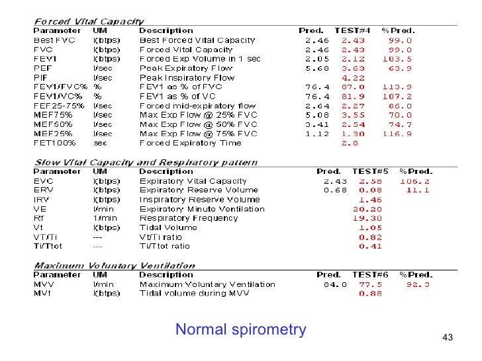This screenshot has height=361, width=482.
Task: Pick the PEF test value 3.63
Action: [353, 68]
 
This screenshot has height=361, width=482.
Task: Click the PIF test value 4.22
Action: [353, 77]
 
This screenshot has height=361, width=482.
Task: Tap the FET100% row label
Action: [54, 143]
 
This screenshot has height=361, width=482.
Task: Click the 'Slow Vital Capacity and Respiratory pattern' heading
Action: [146, 162]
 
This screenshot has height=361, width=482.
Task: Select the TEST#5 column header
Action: [369, 171]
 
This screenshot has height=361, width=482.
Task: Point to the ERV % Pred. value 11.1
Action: [418, 190]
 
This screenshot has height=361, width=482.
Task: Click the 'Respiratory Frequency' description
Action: [188, 218]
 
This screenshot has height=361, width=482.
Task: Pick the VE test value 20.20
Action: [369, 208]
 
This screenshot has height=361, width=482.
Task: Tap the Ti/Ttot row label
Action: [48, 246]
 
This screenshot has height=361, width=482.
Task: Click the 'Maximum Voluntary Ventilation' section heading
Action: [115, 266]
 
